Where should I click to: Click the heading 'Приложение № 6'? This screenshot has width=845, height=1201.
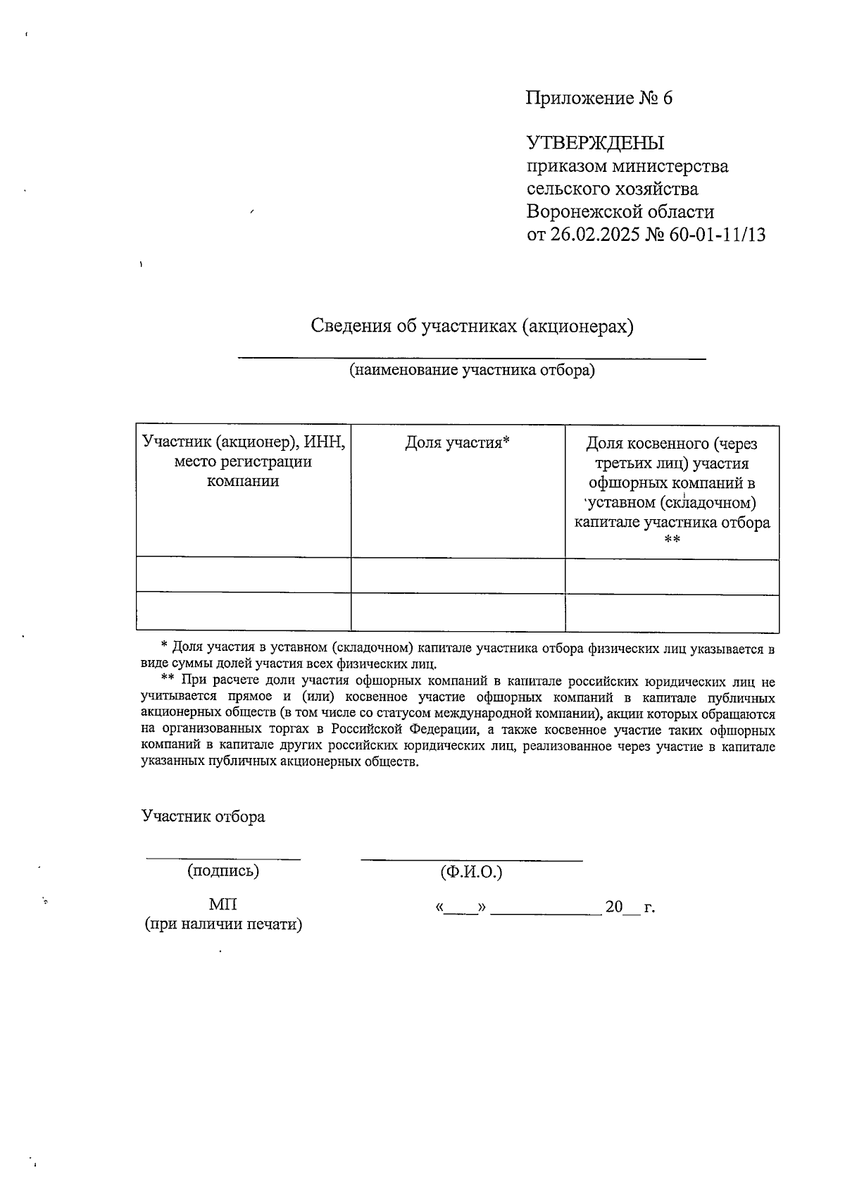[x=599, y=98]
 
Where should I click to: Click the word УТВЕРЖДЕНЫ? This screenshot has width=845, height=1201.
[x=596, y=143]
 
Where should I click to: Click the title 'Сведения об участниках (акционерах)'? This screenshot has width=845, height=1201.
[x=472, y=326]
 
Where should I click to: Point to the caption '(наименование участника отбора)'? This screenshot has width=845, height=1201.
[x=472, y=370]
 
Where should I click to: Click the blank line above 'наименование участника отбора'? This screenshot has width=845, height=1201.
[x=472, y=357]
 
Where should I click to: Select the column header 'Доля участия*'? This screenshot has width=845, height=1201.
[x=457, y=442]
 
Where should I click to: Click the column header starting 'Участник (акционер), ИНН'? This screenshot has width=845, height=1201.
[x=243, y=461]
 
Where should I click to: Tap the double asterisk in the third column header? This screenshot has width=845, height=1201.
[x=672, y=540]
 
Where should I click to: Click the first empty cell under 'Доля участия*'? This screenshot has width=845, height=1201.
[x=458, y=576]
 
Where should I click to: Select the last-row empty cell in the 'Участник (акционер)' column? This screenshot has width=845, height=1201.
[x=243, y=611]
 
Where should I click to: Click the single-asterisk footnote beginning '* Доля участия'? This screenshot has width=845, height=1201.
[x=458, y=655]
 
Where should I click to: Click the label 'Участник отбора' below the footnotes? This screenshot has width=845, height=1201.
[x=204, y=816]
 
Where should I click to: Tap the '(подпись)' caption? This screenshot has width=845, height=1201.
[x=223, y=871]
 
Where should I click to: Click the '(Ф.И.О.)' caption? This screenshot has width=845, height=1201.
[x=471, y=872]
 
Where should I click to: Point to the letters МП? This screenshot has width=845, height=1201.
[x=223, y=904]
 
